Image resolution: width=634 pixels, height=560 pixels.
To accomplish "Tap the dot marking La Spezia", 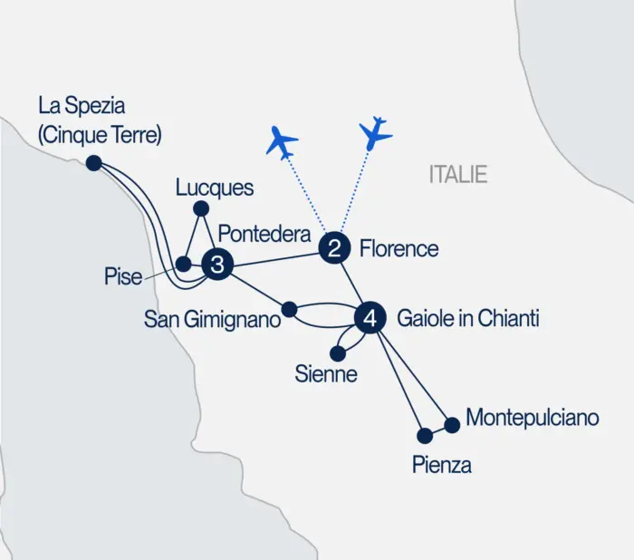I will pos(93,163).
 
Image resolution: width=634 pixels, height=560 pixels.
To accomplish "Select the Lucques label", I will pos(215,188).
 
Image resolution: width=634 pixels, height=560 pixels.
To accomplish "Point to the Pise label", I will pos(123,275).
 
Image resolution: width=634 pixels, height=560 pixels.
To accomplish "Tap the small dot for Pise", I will pos(182,265).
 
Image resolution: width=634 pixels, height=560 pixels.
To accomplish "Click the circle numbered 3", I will pos(217,265).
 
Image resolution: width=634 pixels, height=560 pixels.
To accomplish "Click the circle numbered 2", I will pos(334,248).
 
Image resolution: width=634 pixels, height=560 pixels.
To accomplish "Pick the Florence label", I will pos(399,248).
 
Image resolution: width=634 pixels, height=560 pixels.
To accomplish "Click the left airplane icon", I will pos(283,142).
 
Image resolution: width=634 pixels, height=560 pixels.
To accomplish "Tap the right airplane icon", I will pos(375,132).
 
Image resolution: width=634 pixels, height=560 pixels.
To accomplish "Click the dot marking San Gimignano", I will pos(290,310).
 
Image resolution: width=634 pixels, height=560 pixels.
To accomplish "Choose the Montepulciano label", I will pos(533,418).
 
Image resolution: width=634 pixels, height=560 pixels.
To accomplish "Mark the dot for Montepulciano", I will pos(452,422).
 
